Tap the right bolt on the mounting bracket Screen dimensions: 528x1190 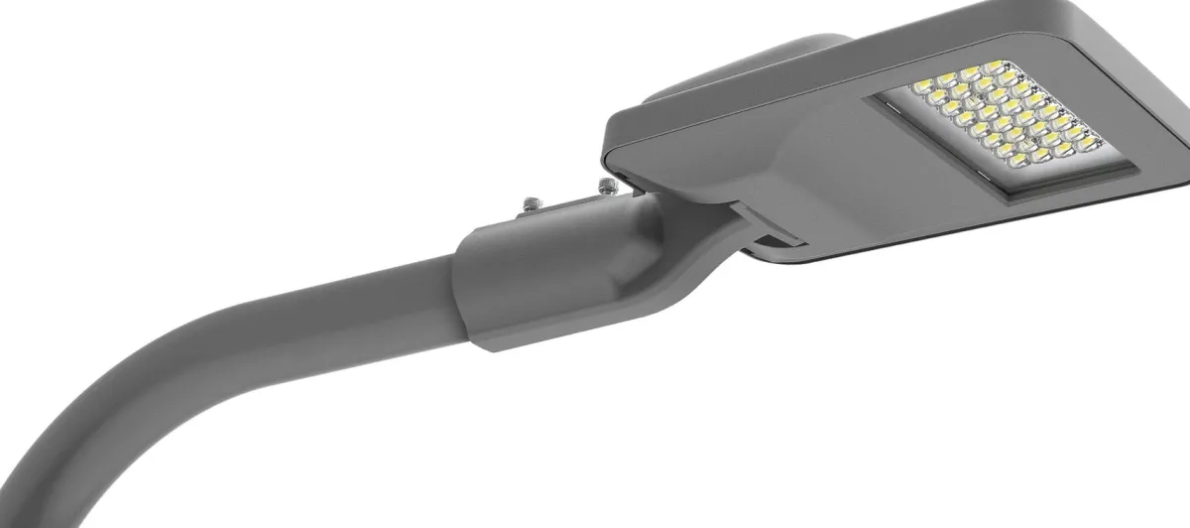605,185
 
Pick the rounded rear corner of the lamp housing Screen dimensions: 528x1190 620,149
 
